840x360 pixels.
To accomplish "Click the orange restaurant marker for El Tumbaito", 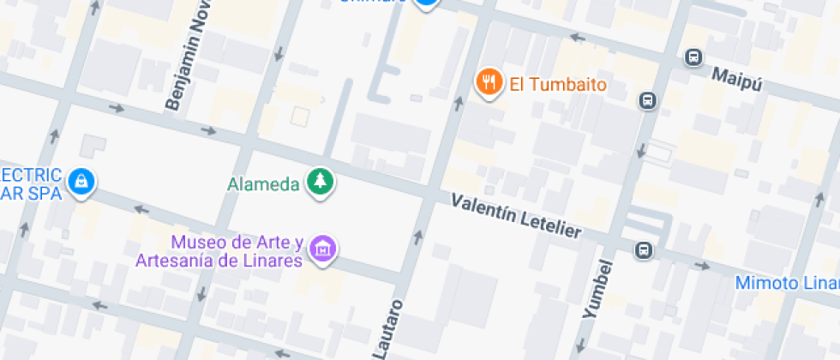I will (x=489, y=82).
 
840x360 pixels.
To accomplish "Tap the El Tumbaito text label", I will (x=558, y=85).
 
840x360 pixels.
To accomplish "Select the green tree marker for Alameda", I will (x=321, y=181).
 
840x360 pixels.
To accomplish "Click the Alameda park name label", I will (x=263, y=183).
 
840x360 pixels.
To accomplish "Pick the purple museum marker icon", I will (x=323, y=249).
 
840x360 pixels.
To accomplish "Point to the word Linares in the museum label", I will (x=276, y=261).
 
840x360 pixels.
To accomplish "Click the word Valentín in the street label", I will (x=483, y=210).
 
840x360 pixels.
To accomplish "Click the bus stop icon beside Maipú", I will (x=693, y=57).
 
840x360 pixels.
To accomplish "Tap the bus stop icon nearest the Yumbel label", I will (x=643, y=250).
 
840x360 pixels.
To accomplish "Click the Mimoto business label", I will (x=787, y=283).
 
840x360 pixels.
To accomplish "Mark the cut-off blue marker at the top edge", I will (x=426, y=3).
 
